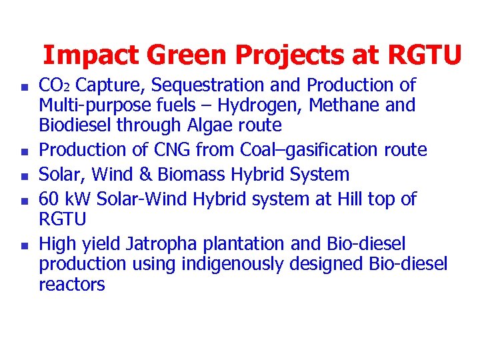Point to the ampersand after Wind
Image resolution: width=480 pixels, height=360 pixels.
coord(145,175)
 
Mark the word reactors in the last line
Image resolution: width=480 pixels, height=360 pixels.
coord(72,285)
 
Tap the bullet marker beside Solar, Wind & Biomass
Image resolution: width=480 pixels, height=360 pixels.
coord(24,177)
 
